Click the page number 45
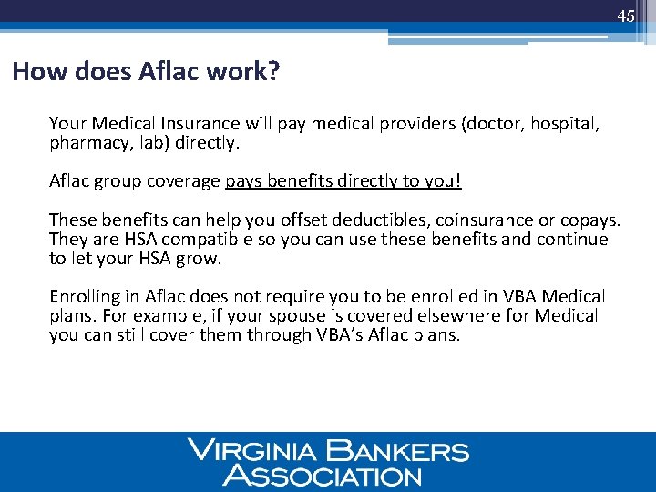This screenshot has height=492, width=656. point(625,16)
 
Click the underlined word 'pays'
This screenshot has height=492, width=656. point(243,181)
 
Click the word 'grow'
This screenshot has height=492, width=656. point(202,258)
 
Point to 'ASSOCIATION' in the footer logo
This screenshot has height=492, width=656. point(323,475)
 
